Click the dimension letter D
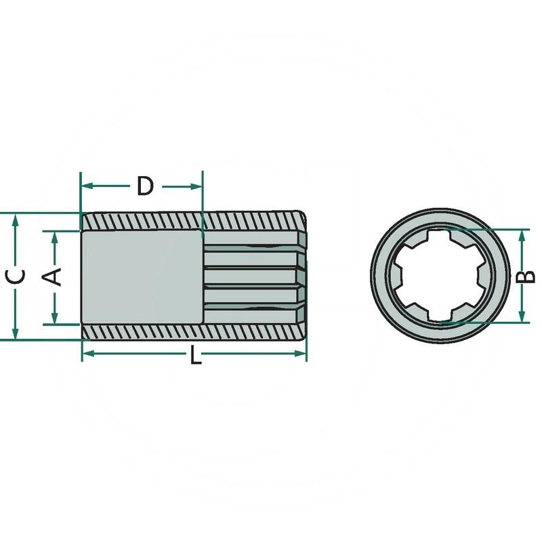coord(145,186)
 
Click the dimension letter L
coord(195,356)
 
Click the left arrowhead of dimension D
coord(85,186)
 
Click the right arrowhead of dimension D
coord(199,186)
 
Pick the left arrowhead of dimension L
coord(86,353)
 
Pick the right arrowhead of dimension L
coord(302,353)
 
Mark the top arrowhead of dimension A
coord(54,235)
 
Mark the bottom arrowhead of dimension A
coord(54,319)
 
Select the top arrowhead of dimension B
coord(522,233)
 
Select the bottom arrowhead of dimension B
coord(522,318)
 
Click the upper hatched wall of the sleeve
coord(193,222)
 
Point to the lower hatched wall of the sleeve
coord(193,332)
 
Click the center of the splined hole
coord(440,276)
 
